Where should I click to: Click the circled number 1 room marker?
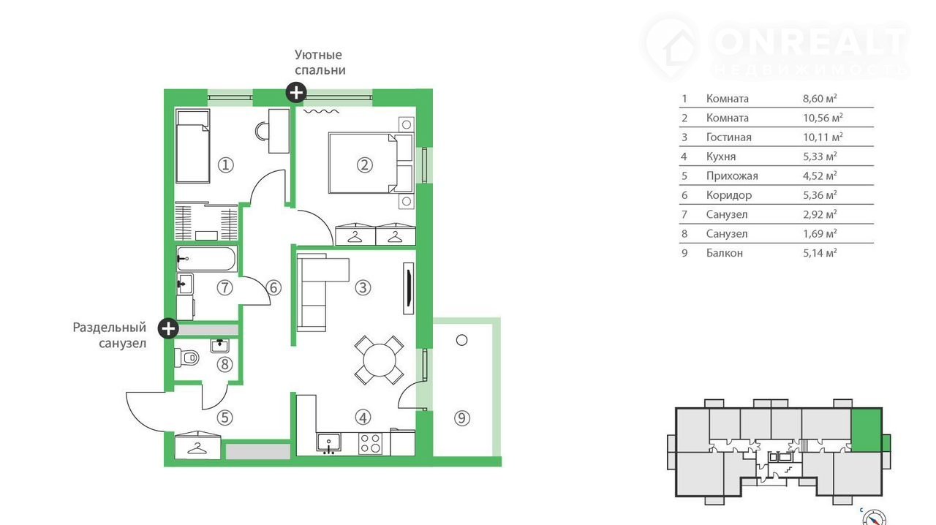pyautogui.click(x=226, y=165)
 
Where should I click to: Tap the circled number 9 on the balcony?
pyautogui.click(x=461, y=418)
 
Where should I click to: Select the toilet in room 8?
pyautogui.click(x=186, y=358)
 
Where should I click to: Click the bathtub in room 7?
pyautogui.click(x=205, y=259)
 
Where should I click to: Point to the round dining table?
pyautogui.click(x=380, y=360)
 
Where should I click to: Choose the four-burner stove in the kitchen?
pyautogui.click(x=371, y=444)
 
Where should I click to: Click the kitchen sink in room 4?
pyautogui.click(x=329, y=444)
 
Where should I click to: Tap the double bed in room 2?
pyautogui.click(x=363, y=163)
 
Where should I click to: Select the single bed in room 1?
pyautogui.click(x=192, y=146)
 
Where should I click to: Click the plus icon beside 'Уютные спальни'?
pyautogui.click(x=296, y=92)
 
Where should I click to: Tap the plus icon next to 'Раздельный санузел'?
pyautogui.click(x=168, y=328)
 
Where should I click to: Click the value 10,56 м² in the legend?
pyautogui.click(x=823, y=118)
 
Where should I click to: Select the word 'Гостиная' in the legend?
pyautogui.click(x=729, y=137)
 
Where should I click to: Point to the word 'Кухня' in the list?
pyautogui.click(x=721, y=156)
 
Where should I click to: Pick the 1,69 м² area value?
pyautogui.click(x=820, y=234)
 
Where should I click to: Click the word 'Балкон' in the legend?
pyautogui.click(x=725, y=253)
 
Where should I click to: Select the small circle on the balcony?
pyautogui.click(x=461, y=340)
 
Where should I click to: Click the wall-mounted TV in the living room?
pyautogui.click(x=408, y=288)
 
